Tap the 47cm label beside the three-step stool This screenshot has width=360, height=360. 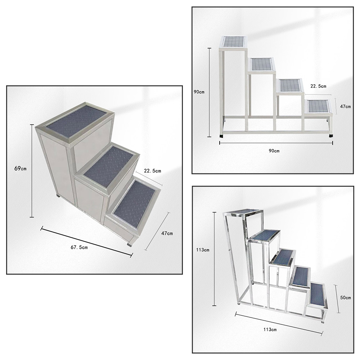tap(167, 233)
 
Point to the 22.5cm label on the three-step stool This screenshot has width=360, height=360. tap(152, 171)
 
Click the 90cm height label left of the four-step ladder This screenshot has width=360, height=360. tap(199, 92)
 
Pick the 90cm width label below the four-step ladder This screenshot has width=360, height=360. tap(274, 150)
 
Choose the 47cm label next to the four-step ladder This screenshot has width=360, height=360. tap(345, 107)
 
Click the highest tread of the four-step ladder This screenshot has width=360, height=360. tap(234, 42)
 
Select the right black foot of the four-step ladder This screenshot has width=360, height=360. tap(331, 135)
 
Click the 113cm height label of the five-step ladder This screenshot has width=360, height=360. tap(203, 250)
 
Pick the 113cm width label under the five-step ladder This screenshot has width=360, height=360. tap(269, 329)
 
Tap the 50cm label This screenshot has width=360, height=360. tap(345, 298)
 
